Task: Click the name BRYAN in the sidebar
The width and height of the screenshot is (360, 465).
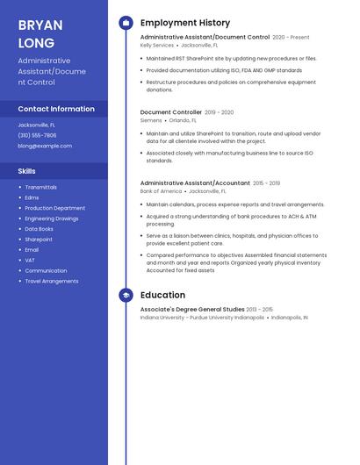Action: (39, 25)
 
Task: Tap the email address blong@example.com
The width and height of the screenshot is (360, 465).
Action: (45, 146)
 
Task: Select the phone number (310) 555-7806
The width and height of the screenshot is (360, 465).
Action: (37, 135)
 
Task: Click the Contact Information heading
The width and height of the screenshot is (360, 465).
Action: (56, 109)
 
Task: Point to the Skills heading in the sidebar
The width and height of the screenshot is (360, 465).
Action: (27, 171)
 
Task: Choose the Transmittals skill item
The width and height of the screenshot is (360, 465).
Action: (40, 187)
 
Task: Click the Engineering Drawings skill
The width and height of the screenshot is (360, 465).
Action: (51, 218)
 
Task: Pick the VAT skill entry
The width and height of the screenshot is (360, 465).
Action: (30, 260)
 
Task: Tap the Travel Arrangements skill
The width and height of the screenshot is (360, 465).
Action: (51, 281)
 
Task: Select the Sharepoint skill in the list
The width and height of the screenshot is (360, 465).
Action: (39, 239)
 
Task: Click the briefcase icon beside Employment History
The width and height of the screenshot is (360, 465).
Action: (126, 23)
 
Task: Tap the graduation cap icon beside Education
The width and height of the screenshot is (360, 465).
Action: (126, 296)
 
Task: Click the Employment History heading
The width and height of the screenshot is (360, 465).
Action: (185, 23)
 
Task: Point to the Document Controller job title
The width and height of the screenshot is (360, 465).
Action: (170, 112)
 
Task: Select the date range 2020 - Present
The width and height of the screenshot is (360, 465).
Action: (291, 38)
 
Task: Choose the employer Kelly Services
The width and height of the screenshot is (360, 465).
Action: (157, 45)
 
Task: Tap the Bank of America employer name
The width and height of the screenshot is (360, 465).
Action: (161, 190)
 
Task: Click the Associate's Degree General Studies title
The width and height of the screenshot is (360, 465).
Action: (192, 310)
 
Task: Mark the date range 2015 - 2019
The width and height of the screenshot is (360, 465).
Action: (266, 183)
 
